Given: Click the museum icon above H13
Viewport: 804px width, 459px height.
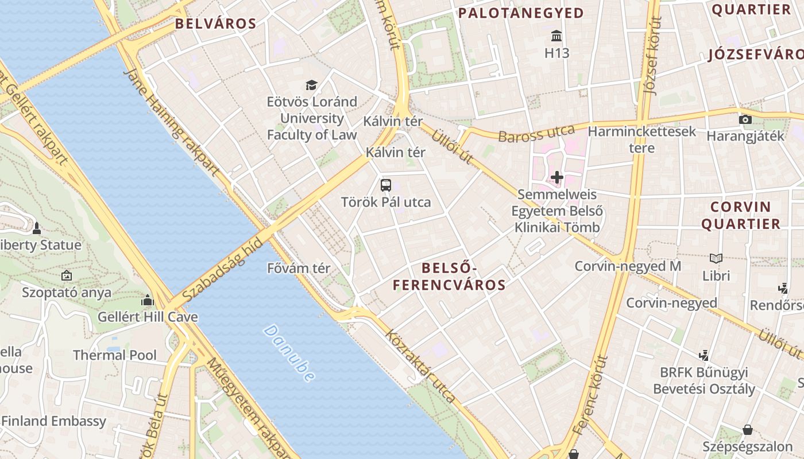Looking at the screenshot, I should pos(556,36).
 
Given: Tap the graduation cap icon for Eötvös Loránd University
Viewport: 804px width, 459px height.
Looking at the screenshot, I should pos(311,85).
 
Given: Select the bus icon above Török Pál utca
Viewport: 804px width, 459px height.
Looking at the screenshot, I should pos(386,185).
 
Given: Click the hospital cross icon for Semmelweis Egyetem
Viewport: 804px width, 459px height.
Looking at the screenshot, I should pos(556,177).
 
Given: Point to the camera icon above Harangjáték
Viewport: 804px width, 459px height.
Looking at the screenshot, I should pos(745,119).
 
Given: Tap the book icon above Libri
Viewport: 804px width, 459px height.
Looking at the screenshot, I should pos(716,259).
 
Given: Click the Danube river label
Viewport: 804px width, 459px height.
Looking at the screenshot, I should pos(289,353).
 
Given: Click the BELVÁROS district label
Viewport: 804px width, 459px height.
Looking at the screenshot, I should pos(215,24).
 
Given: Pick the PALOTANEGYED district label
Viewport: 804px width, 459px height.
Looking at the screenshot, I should pos(521,13).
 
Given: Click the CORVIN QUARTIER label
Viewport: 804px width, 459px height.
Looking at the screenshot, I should pos(741,215).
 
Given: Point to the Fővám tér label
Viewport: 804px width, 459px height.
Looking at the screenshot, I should pos(299,268).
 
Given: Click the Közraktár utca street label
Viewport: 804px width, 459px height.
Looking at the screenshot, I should pos(420,365).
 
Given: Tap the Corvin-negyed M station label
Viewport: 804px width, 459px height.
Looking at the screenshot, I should pos(628,266).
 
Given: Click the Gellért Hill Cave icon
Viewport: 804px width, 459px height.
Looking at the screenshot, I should pos(148,300).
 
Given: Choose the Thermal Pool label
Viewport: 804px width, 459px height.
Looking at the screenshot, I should pos(114,355).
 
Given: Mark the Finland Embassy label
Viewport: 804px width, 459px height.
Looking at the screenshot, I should pos(54,421).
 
